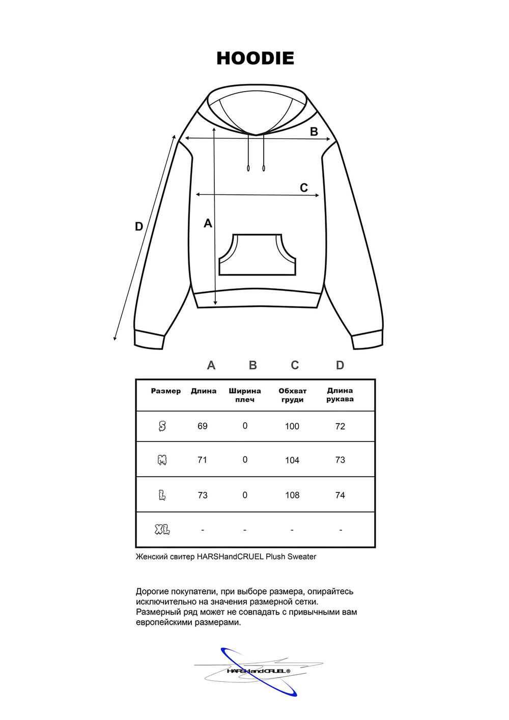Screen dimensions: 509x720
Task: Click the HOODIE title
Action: click(x=255, y=58)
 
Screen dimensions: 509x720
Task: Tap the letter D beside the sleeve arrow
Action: click(x=139, y=227)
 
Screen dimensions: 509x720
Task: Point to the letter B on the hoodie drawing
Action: click(x=314, y=131)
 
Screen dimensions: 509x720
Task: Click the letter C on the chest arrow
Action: click(x=304, y=188)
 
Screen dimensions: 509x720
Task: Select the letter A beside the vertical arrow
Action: click(x=208, y=223)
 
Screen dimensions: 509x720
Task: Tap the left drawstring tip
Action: click(x=248, y=168)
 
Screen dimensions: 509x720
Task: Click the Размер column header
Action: click(x=166, y=391)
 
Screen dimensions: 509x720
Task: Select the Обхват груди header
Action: click(x=292, y=395)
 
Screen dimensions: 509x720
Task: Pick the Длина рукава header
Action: click(x=340, y=395)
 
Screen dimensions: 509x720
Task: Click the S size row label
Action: click(x=162, y=426)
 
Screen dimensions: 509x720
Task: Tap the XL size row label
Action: click(x=162, y=530)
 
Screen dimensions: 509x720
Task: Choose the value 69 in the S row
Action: click(x=203, y=426)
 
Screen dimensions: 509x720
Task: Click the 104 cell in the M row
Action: click(x=292, y=460)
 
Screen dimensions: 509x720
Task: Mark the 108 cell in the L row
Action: click(x=292, y=495)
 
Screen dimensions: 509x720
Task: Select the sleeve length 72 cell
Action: click(x=340, y=426)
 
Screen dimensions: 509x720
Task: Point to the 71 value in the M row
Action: click(x=203, y=460)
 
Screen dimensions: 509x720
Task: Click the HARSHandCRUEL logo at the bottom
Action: click(x=258, y=671)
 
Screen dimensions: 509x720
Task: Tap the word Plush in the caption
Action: click(x=275, y=557)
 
